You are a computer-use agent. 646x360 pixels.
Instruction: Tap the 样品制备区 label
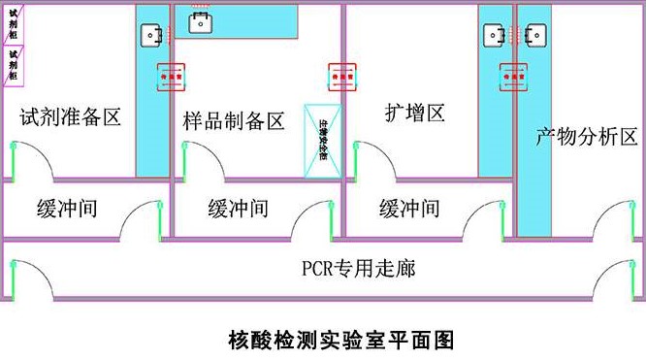click(234, 121)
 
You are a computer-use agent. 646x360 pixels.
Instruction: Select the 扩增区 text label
click(414, 114)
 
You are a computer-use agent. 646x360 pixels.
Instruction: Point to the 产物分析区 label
click(587, 137)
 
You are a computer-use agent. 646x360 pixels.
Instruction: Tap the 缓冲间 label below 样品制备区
click(238, 209)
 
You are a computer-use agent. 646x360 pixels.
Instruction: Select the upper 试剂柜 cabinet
click(12, 22)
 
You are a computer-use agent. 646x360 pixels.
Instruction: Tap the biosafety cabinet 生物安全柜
click(323, 142)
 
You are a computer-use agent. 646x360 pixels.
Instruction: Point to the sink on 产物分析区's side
click(533, 36)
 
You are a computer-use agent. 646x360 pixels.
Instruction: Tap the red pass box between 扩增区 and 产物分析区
click(512, 74)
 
